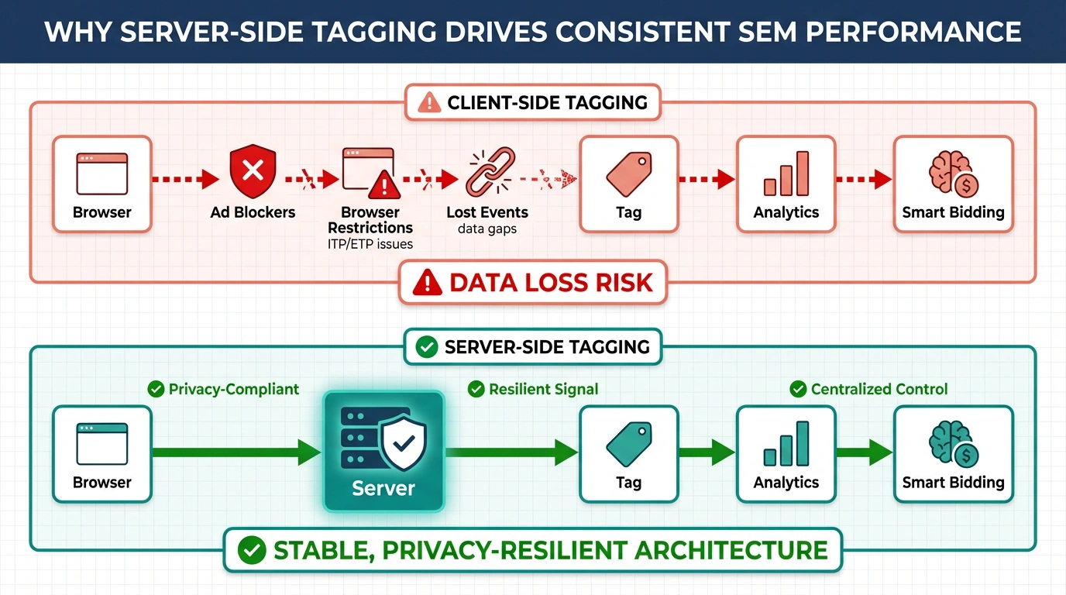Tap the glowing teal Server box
click(x=383, y=451)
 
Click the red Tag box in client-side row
click(x=628, y=184)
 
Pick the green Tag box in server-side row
click(x=628, y=454)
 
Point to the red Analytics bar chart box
click(x=786, y=184)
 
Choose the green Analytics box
click(x=786, y=454)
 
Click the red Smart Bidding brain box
click(x=953, y=184)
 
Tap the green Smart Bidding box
click(x=953, y=454)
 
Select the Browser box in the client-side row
click(x=102, y=184)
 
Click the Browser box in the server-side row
click(x=102, y=454)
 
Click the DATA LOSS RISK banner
click(x=532, y=283)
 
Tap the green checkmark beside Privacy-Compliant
click(x=156, y=389)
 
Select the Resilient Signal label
click(x=543, y=389)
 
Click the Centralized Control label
click(x=879, y=389)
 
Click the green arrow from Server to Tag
click(x=511, y=452)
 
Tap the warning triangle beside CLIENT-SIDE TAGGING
click(x=428, y=102)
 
